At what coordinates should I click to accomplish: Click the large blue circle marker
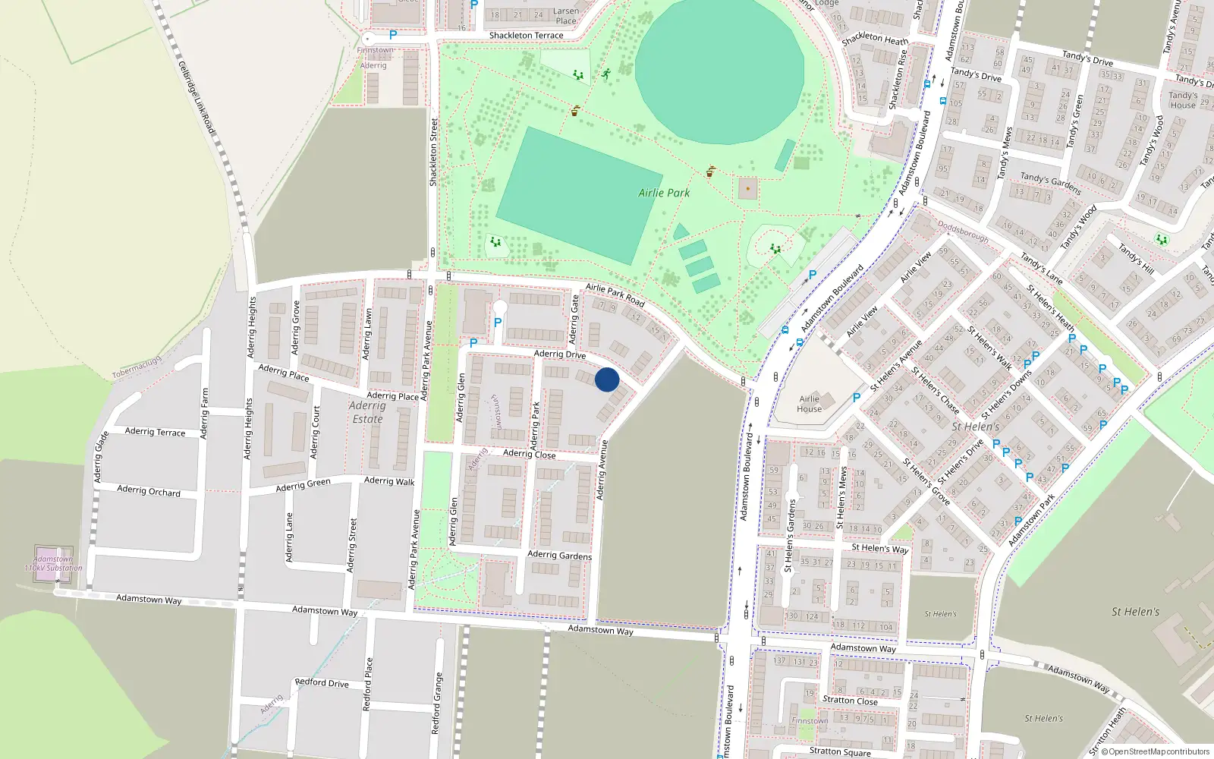point(607,379)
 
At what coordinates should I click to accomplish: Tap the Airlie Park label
point(664,193)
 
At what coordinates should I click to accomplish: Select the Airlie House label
point(809,404)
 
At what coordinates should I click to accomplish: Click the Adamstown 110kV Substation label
point(53,563)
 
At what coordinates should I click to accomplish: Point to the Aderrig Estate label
point(367,412)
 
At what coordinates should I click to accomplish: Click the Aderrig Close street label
point(529,454)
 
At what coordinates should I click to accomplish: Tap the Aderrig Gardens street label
point(559,555)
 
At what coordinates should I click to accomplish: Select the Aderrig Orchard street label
point(149,491)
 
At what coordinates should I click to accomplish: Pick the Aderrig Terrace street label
point(155,432)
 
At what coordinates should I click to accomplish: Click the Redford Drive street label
point(322,682)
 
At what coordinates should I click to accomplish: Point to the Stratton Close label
point(850,701)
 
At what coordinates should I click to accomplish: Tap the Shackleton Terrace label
point(526,36)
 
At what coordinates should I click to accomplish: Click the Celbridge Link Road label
point(197,99)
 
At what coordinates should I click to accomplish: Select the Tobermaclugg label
point(137,367)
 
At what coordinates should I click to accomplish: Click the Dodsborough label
point(963,231)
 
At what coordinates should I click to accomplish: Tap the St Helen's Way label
point(879,548)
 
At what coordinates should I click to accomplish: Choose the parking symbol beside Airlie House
point(857,397)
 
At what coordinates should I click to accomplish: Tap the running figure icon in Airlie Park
point(605,74)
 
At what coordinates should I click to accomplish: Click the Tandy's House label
point(1182,100)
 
